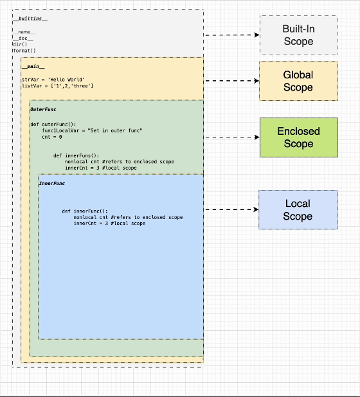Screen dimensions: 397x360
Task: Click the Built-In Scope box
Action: (x=298, y=35)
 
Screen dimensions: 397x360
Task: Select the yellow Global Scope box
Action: (x=298, y=81)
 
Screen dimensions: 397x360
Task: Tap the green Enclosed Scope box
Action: (x=298, y=137)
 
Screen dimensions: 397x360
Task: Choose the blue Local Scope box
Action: (x=298, y=209)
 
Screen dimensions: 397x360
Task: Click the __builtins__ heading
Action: (x=30, y=19)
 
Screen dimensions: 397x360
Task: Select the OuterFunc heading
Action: (x=43, y=110)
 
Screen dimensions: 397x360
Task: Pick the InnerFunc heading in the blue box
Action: (x=52, y=184)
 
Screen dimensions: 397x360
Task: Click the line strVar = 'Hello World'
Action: (x=53, y=80)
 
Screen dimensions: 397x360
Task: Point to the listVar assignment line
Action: (x=58, y=86)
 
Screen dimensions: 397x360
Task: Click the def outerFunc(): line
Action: (x=53, y=124)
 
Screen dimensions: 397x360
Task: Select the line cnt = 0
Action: (x=52, y=137)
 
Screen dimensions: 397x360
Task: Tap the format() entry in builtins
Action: (x=24, y=50)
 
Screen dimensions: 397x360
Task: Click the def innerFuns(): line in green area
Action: (x=76, y=155)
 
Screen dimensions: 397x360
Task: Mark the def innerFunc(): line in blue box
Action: (x=85, y=211)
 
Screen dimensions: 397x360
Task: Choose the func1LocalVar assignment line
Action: (x=92, y=130)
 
